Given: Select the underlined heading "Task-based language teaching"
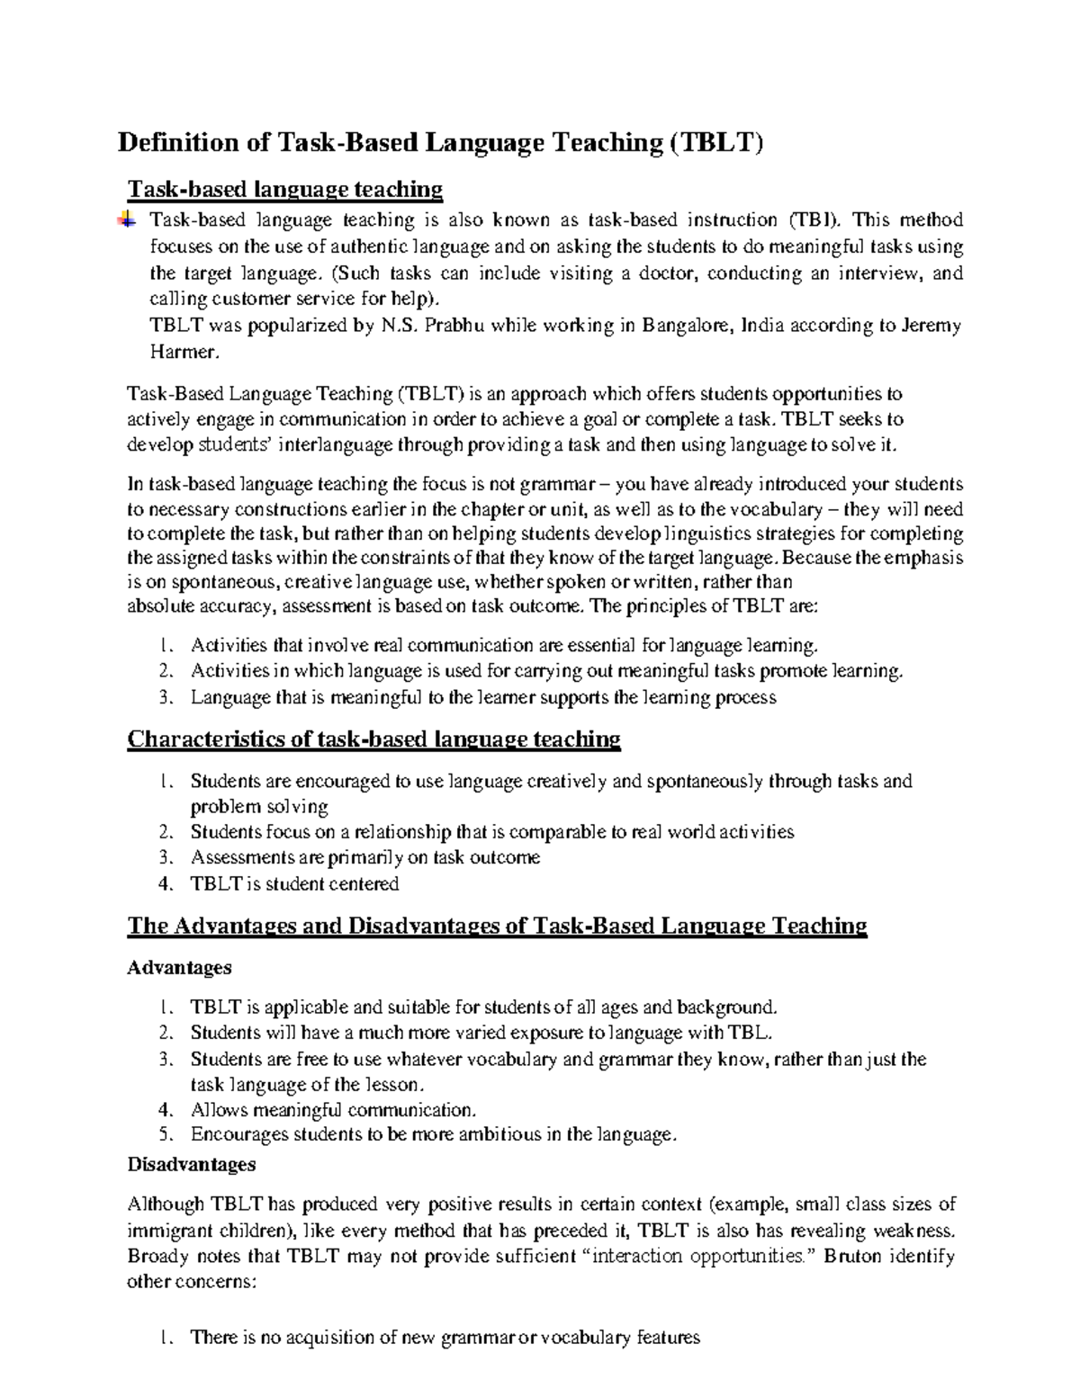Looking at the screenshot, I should point(285,189).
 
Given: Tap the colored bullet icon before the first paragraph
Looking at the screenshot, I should point(127,218).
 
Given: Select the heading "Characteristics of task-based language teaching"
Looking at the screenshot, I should point(374,739).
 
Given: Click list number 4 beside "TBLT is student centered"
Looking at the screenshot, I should point(164,884).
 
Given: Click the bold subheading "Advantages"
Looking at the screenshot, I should point(179,968).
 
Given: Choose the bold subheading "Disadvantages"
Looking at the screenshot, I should point(192,1165).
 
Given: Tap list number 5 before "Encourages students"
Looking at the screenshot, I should point(164,1135).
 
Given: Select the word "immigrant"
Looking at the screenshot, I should point(171,1231).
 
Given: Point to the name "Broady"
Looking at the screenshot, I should point(158,1257).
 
